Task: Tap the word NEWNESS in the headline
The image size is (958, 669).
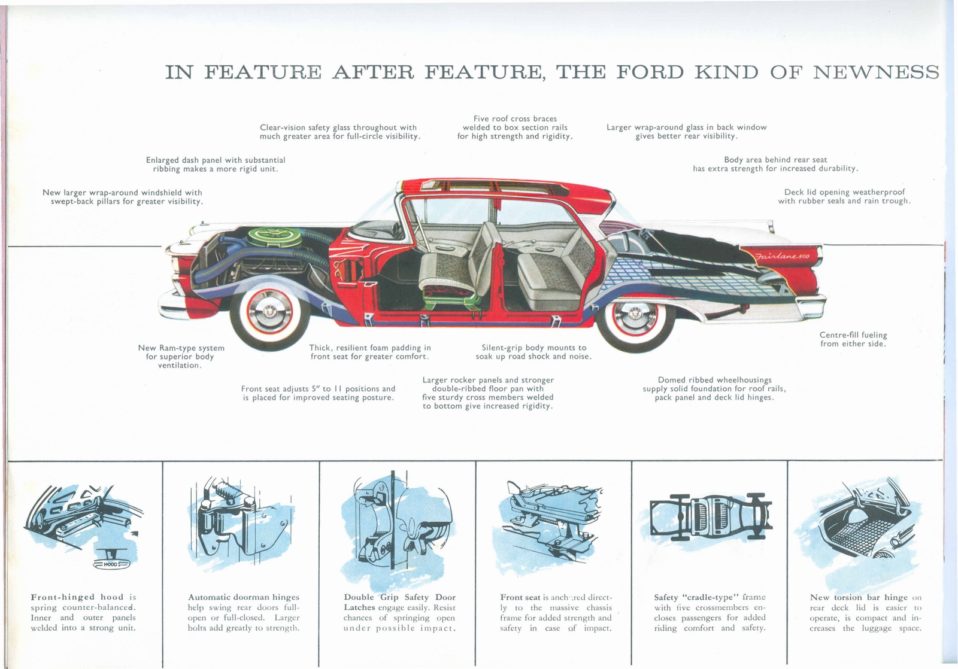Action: [x=875, y=72]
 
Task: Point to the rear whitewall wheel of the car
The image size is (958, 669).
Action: [x=635, y=317]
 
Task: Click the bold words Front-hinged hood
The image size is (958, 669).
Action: [x=77, y=597]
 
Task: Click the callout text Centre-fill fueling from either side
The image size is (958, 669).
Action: [x=853, y=339]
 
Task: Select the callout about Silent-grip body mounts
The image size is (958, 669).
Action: [x=533, y=352]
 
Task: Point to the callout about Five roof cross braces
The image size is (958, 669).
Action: [x=515, y=127]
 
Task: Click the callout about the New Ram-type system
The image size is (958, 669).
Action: [x=181, y=356]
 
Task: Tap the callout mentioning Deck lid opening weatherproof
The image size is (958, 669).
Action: [x=844, y=196]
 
